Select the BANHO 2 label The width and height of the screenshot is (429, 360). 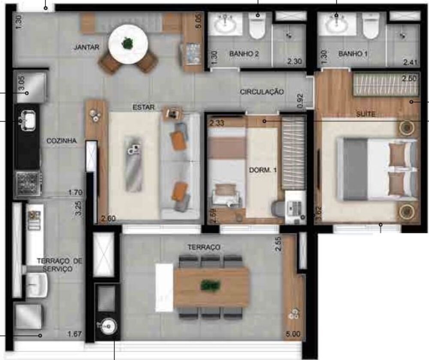click(244, 54)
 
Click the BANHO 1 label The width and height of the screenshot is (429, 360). click(353, 54)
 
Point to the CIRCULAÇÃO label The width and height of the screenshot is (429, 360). click(262, 91)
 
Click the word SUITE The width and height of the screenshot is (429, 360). click(366, 114)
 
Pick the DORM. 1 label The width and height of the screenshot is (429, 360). click(263, 170)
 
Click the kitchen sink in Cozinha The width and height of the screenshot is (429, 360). click(28, 119)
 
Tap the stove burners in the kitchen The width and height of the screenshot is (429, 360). click(28, 184)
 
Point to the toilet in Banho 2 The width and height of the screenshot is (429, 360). click(257, 27)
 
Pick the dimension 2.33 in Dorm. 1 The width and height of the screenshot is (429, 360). click(217, 124)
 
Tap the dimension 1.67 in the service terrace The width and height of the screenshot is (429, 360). click(75, 334)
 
